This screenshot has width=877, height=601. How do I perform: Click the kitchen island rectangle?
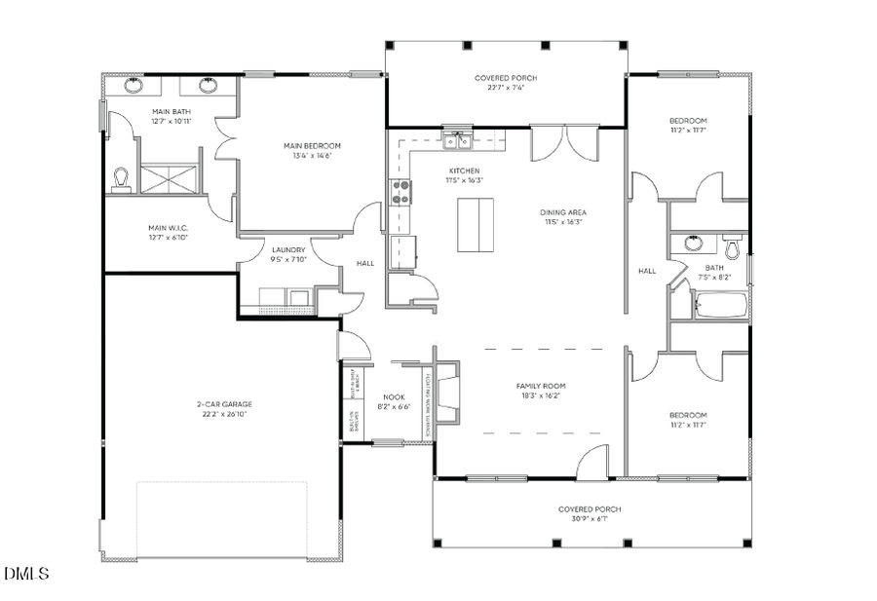[476, 224]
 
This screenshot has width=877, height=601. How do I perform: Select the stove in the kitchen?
[400, 193]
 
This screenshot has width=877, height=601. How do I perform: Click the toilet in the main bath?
[122, 178]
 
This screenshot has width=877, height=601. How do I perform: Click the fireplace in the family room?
[447, 393]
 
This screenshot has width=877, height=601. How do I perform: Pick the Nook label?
[394, 396]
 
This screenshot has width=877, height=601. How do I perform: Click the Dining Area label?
[563, 212]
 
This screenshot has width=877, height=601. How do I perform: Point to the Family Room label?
[541, 387]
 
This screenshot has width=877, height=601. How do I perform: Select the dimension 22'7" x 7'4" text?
[506, 88]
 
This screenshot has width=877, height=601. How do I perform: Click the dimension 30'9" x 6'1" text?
[590, 519]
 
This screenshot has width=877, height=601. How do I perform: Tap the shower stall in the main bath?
[171, 178]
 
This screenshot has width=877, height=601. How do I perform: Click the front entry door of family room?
[591, 466]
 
